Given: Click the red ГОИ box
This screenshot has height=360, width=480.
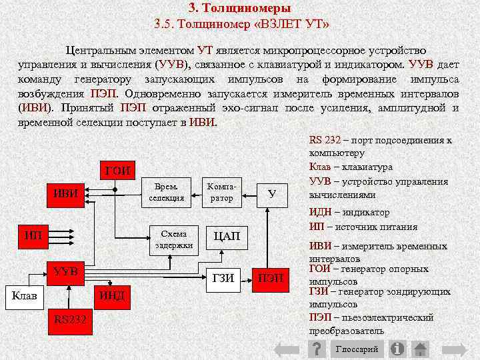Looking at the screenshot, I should pyautogui.click(x=117, y=170).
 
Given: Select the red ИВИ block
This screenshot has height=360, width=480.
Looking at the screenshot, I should pyautogui.click(x=66, y=193).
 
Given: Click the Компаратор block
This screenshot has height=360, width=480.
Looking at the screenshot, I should pyautogui.click(x=221, y=193).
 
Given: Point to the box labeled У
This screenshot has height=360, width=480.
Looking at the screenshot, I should pyautogui.click(x=271, y=193).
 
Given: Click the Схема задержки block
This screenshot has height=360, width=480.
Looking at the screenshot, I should pyautogui.click(x=174, y=239).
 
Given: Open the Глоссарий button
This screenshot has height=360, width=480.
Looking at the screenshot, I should pyautogui.click(x=357, y=349).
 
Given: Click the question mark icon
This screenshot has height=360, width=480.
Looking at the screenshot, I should pyautogui.click(x=319, y=349).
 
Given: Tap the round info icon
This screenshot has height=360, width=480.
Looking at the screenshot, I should pyautogui.click(x=398, y=349).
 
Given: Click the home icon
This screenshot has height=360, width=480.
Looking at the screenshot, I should pyautogui.click(x=420, y=349).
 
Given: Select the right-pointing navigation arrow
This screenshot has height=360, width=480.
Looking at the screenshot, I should pyautogui.click(x=457, y=349).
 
